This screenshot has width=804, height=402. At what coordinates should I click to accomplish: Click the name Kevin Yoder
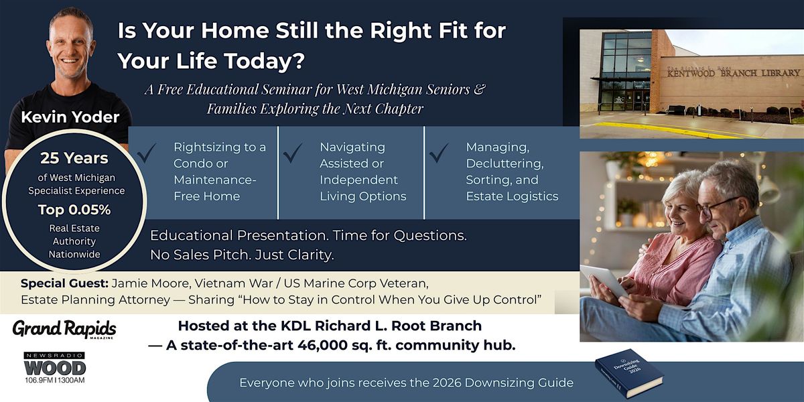click(70, 117)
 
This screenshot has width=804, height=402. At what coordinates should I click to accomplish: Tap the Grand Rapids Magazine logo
click(64, 329)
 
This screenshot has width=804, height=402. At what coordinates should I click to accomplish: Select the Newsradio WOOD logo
click(55, 368)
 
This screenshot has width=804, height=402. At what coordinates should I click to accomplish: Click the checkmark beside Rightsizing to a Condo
click(147, 153)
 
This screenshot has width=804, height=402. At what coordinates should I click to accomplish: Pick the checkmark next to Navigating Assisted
click(293, 153)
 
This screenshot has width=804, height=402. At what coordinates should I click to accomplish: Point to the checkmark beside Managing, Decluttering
click(439, 153)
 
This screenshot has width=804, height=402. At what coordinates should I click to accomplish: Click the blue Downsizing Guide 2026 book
click(629, 374)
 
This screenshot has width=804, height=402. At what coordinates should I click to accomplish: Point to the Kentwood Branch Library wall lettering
click(733, 73)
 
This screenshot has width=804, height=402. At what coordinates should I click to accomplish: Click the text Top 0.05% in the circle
click(74, 210)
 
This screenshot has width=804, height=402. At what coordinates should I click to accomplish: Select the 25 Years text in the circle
click(74, 158)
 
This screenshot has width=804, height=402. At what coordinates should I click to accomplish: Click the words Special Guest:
click(64, 283)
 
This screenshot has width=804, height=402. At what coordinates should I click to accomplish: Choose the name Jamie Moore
click(151, 283)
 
